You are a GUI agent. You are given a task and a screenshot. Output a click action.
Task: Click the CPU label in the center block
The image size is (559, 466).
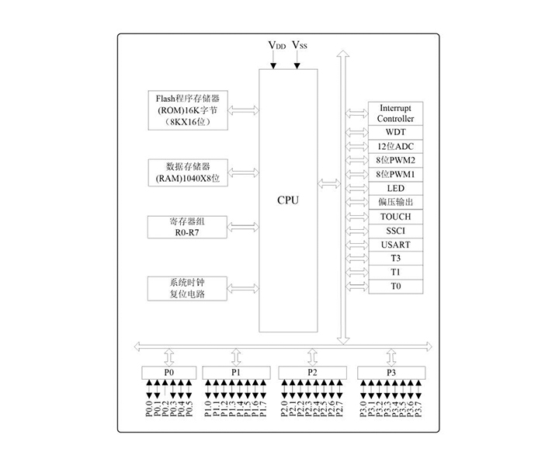[288, 200]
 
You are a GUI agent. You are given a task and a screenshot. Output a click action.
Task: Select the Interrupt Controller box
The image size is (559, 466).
[396, 113]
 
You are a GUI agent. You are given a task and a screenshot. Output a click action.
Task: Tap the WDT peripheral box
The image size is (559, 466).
[396, 133]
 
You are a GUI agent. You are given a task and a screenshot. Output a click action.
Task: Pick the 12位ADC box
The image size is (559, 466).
[396, 147]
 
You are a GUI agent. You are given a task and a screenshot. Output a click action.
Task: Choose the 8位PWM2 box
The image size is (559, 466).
[396, 161]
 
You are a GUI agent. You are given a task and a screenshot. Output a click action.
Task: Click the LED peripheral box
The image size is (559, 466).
[396, 189]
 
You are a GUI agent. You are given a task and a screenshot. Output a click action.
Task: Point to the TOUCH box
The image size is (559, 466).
[396, 217]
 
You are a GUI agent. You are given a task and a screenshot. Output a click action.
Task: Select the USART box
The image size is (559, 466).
[396, 245]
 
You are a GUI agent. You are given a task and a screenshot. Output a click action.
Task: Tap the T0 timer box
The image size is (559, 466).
[396, 287]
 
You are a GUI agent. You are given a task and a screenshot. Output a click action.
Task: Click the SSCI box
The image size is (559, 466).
[396, 231]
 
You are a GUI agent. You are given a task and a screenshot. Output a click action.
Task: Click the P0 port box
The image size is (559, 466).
[168, 373]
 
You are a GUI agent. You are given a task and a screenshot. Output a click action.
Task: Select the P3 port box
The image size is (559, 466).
[391, 373]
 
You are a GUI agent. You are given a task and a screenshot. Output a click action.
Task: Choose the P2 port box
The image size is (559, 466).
[312, 373]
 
